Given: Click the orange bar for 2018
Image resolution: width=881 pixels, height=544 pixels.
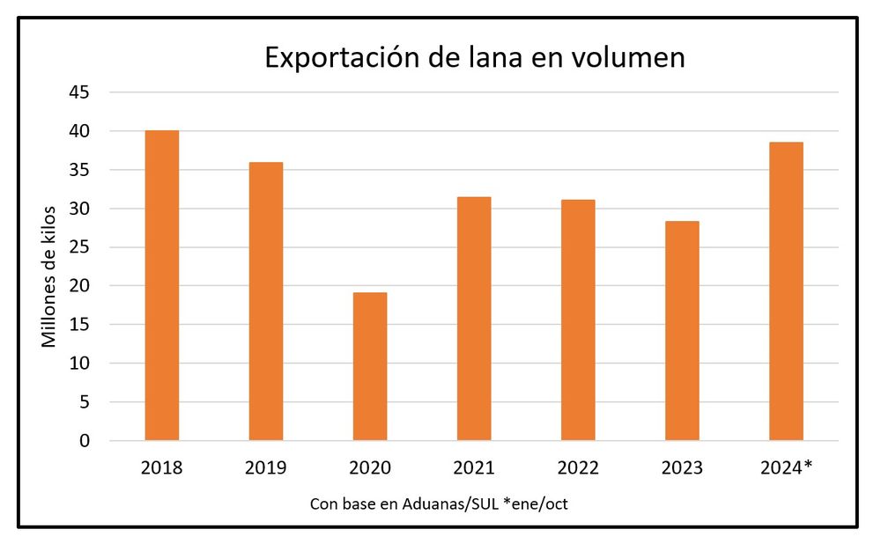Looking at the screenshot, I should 162,285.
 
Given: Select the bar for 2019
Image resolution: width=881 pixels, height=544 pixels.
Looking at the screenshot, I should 266,301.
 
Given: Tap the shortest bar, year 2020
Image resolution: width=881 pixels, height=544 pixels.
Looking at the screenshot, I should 370,366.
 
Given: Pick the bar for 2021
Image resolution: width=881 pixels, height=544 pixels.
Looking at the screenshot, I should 474,319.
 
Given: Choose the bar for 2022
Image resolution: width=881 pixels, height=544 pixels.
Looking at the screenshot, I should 578,320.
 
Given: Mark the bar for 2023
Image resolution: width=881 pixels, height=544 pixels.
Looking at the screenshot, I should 682,331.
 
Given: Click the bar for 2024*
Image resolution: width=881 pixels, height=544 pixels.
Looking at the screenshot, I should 786,291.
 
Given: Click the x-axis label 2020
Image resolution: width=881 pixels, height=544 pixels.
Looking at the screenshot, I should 370,468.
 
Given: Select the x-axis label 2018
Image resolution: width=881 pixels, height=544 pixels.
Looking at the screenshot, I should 162,468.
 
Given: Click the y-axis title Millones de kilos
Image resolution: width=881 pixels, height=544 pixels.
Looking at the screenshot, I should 49,276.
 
